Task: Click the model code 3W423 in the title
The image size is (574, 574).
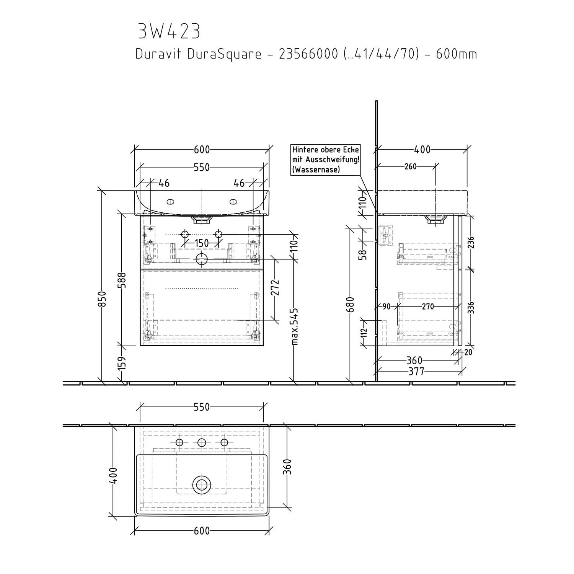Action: (169, 31)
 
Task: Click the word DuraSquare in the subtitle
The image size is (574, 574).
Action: (224, 54)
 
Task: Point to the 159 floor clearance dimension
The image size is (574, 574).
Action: (122, 364)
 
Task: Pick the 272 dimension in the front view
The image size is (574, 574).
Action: (276, 288)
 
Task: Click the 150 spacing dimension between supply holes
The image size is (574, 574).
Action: (202, 243)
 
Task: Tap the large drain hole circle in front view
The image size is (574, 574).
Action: (202, 259)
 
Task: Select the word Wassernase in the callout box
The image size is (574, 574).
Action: (316, 170)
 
